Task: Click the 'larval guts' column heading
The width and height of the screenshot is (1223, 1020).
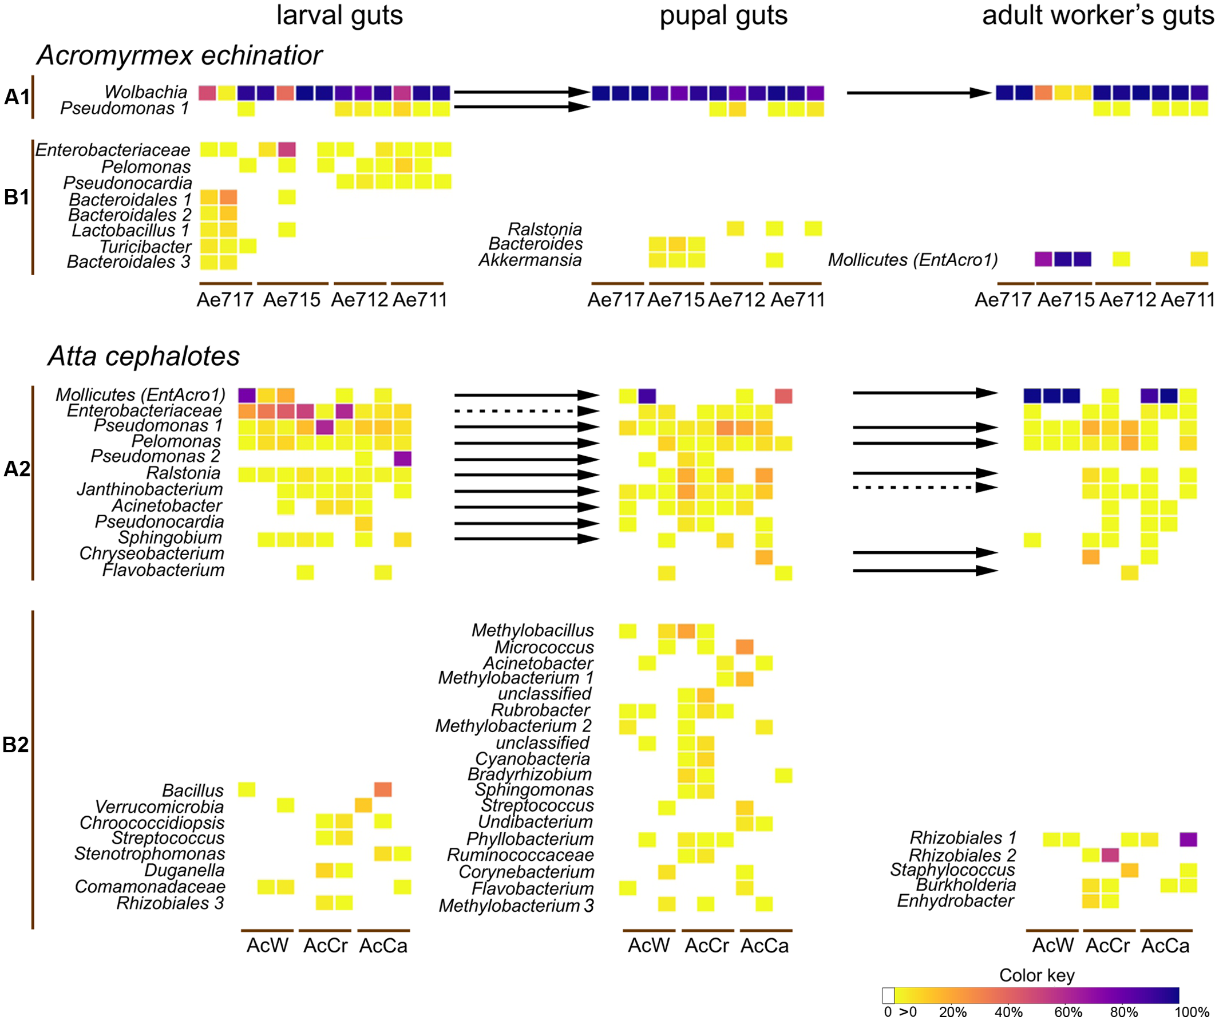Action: [x=339, y=15]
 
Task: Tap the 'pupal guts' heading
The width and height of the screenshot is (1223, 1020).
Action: [x=723, y=15]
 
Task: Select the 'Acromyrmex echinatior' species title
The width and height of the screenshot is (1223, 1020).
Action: [x=179, y=56]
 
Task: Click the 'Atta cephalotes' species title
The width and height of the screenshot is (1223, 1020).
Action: [x=143, y=357]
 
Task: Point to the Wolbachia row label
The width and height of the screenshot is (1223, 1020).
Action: [x=145, y=92]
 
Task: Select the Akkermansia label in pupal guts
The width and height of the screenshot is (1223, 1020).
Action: [x=529, y=260]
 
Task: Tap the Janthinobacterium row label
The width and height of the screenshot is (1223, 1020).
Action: [x=150, y=489]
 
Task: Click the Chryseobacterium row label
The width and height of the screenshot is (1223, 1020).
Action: [x=152, y=554]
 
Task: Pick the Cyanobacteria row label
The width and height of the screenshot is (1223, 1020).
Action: [x=532, y=759]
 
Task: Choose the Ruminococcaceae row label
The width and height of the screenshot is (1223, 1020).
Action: [x=520, y=855]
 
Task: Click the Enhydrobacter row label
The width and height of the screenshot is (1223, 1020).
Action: [x=955, y=901]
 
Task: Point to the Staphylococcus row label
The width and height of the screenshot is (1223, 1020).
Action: [x=952, y=869]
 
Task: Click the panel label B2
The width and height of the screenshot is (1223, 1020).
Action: [x=15, y=745]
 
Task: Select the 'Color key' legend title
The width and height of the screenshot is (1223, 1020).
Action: [x=1036, y=975]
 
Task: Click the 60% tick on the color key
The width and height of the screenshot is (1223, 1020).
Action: [x=1067, y=1012]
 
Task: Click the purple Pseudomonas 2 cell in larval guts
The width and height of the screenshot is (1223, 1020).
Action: [x=402, y=458]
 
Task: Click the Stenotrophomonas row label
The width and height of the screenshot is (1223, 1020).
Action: [x=149, y=854]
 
